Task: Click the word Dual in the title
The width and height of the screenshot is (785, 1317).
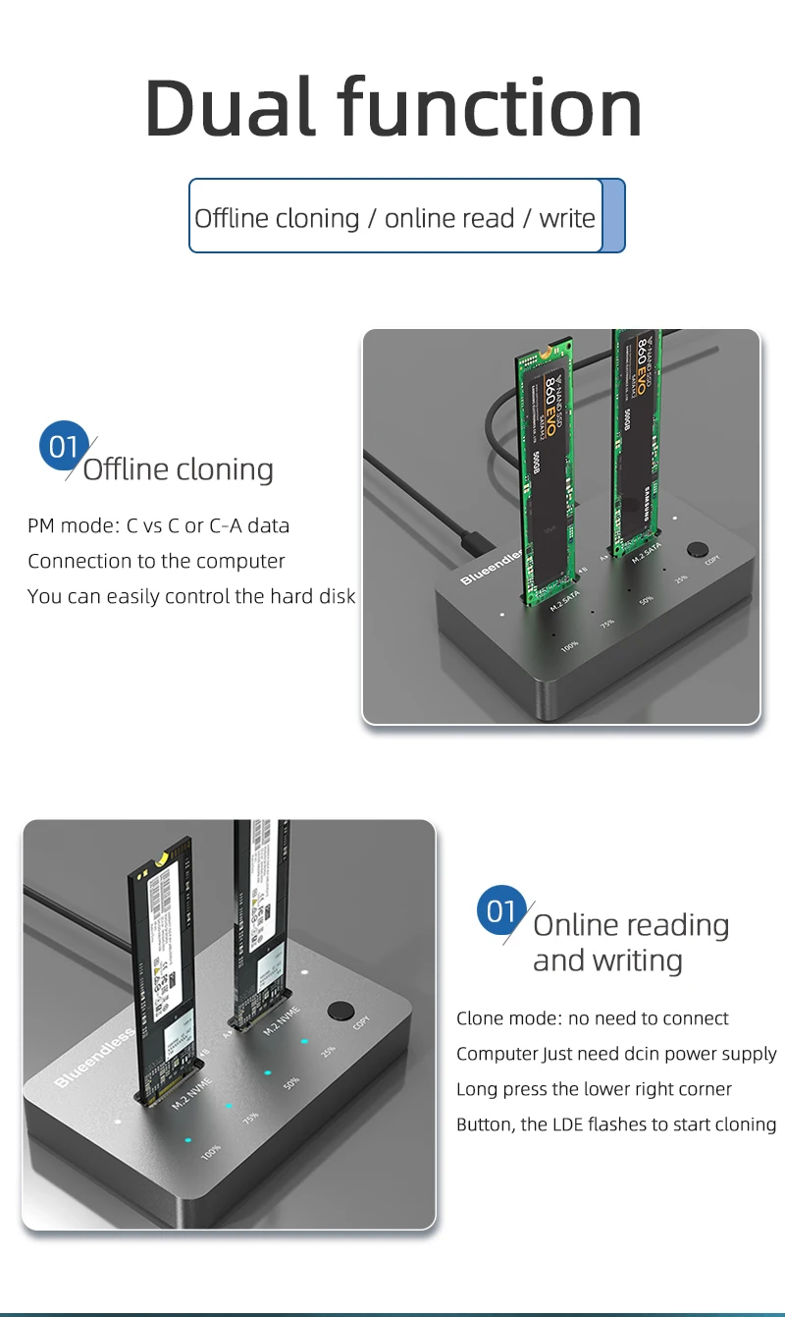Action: (x=230, y=107)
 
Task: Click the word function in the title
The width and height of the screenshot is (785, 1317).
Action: (x=491, y=107)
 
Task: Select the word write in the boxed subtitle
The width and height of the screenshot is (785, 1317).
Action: (x=566, y=217)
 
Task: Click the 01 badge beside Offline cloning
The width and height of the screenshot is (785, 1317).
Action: (x=63, y=447)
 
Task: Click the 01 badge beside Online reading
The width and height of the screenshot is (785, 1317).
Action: (x=500, y=910)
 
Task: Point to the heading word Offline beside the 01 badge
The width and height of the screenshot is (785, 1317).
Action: (x=126, y=469)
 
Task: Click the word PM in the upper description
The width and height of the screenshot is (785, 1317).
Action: (x=40, y=525)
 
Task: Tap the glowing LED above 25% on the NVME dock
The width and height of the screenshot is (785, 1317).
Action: (x=305, y=1041)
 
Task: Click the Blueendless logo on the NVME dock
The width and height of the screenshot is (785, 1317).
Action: (x=94, y=1058)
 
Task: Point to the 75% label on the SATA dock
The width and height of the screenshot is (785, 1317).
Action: (x=607, y=624)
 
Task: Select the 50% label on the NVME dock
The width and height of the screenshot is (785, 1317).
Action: (x=291, y=1084)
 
